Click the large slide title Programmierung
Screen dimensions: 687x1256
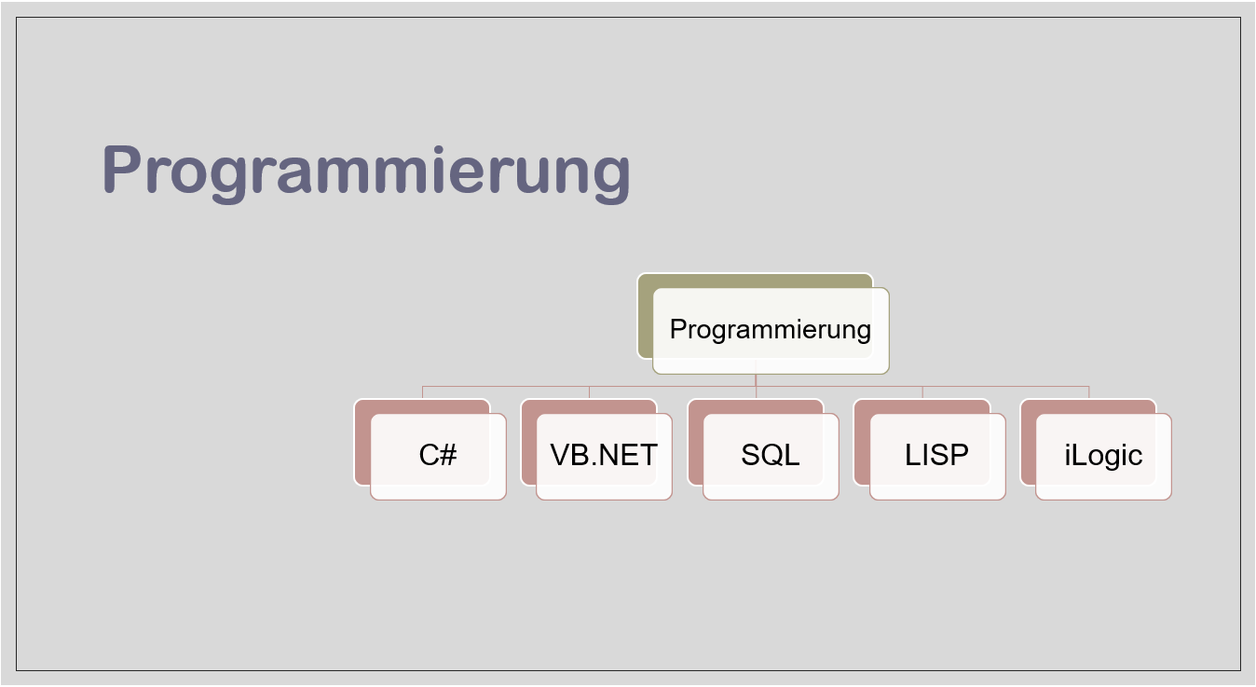pyautogui.click(x=365, y=172)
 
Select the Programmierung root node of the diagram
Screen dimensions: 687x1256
pyautogui.click(x=771, y=330)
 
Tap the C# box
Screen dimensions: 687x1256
pyautogui.click(x=438, y=456)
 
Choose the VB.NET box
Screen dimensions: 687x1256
pyautogui.click(x=604, y=456)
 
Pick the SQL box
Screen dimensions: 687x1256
pyautogui.click(x=771, y=456)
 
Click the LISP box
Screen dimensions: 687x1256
pyautogui.click(x=936, y=456)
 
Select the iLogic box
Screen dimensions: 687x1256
pyautogui.click(x=1103, y=456)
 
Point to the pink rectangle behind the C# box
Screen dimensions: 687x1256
pyautogui.click(x=362, y=443)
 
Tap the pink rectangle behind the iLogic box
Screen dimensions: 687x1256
pyautogui.click(x=1028, y=443)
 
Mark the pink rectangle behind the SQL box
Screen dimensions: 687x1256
pyautogui.click(x=695, y=443)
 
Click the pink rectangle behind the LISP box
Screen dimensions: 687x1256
pyautogui.click(x=862, y=443)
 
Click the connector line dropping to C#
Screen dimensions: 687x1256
pyautogui.click(x=423, y=392)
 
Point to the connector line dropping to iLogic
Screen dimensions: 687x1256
pyautogui.click(x=1088, y=392)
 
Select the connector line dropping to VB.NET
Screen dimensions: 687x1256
pyautogui.click(x=589, y=392)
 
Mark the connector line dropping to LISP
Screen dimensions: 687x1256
pyautogui.click(x=922, y=392)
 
